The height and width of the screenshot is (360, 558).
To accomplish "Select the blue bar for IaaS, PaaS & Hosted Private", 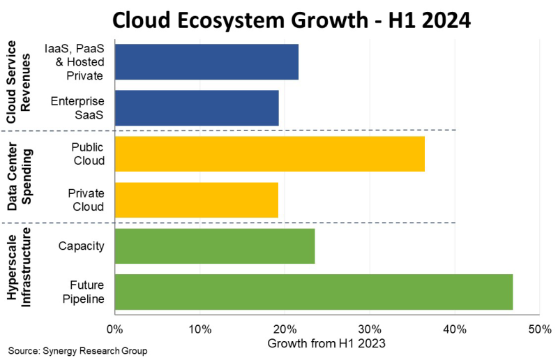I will (x=206, y=61).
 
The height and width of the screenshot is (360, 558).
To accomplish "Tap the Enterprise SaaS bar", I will (x=197, y=108).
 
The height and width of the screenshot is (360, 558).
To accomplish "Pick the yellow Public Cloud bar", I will (x=269, y=153).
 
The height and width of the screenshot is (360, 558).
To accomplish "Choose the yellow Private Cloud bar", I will (x=197, y=200).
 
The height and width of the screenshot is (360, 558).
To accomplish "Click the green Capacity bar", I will (x=215, y=246).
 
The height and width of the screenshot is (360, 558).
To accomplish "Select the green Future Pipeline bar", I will (x=314, y=292).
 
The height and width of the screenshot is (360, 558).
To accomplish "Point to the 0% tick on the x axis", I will (x=114, y=329).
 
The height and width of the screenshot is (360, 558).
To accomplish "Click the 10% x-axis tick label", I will (x=199, y=329).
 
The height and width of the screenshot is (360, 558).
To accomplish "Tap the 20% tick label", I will (x=285, y=329).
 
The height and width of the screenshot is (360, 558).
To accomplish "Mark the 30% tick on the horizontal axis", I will (x=370, y=329).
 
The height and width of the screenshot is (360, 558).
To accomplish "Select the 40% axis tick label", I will (x=455, y=329).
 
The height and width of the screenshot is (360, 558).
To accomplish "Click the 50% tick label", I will (x=539, y=329).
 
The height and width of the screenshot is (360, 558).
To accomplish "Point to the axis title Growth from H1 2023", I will (x=326, y=343).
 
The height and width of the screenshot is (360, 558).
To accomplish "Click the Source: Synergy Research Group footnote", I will (x=78, y=350).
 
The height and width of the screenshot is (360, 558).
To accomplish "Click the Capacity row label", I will (x=82, y=246).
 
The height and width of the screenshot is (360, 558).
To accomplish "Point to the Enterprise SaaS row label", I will (x=77, y=108).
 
